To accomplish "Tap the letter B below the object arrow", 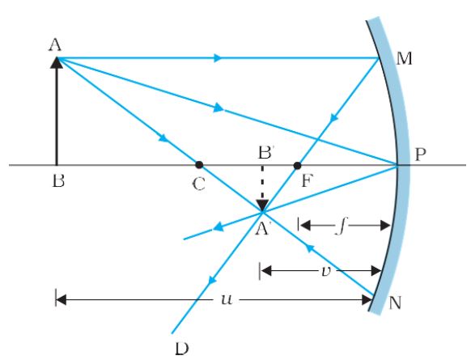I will (55, 182).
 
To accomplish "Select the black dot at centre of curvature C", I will (199, 165).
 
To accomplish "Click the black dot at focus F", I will (298, 165).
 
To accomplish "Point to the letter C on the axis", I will (199, 184).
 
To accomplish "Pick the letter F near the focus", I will (304, 182).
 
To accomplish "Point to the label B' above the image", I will (263, 150).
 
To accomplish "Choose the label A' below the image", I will (264, 229).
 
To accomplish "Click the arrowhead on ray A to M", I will (218, 57).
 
